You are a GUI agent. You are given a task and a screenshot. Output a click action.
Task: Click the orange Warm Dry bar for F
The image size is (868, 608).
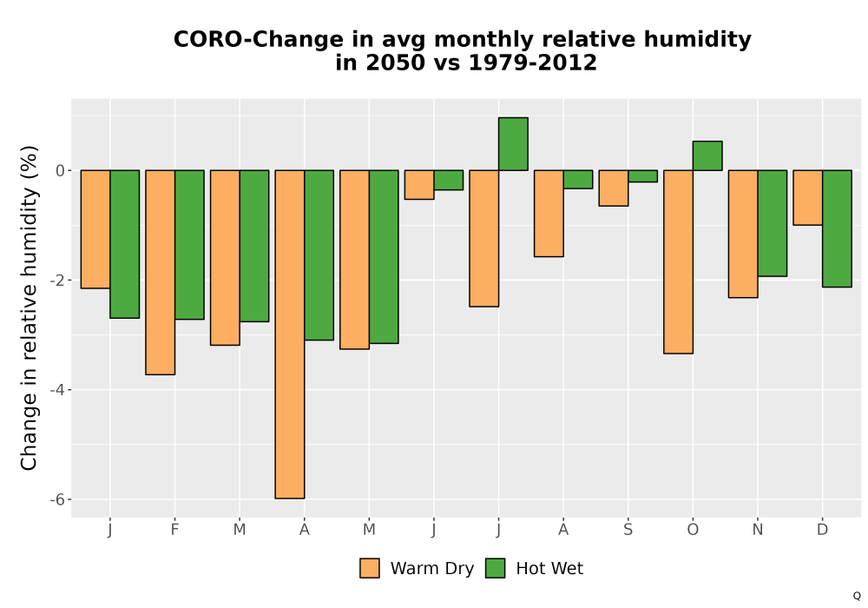(x=161, y=273)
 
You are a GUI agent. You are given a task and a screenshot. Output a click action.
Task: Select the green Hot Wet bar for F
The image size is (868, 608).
(x=189, y=245)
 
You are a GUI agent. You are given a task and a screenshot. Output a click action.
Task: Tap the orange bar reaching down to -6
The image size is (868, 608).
(x=290, y=334)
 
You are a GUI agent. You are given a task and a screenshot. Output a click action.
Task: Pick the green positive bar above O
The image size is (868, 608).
(x=707, y=155)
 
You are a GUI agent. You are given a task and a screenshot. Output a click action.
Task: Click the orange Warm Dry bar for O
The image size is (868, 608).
(x=679, y=262)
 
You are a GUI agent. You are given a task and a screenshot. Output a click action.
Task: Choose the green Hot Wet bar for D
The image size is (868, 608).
(x=837, y=228)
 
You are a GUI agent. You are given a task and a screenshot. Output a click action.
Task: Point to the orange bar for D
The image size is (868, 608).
(x=808, y=198)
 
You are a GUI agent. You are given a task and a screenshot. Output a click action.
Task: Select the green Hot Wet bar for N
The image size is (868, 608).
(x=773, y=223)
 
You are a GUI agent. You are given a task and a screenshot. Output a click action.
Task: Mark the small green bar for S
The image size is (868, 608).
(x=642, y=176)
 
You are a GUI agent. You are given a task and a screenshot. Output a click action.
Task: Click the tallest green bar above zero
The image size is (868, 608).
(x=513, y=144)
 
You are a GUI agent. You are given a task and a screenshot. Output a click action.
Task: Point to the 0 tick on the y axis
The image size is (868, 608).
(x=61, y=170)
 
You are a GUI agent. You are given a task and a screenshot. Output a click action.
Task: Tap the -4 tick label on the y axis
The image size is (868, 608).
(x=57, y=390)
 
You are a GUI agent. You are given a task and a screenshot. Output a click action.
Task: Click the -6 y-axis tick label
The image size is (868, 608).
(x=57, y=499)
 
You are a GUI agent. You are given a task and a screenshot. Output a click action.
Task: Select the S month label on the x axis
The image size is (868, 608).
(x=628, y=530)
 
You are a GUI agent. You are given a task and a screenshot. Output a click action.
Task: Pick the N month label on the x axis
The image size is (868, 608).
(x=757, y=530)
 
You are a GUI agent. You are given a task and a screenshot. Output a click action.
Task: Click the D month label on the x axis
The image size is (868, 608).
(x=823, y=530)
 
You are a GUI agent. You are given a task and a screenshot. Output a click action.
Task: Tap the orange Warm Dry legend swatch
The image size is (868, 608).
(x=370, y=568)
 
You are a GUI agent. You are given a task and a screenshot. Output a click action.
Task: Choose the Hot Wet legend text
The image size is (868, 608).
(x=549, y=569)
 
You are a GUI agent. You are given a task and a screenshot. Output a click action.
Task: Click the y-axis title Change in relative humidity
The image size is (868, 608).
(x=29, y=307)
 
